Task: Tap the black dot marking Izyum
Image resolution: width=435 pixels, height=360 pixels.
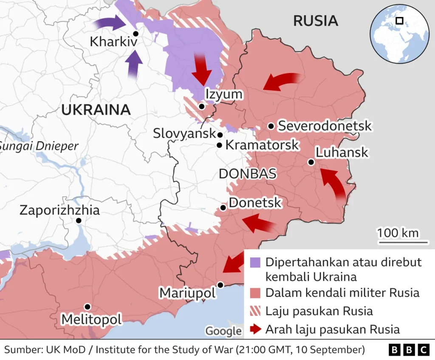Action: pyautogui.click(x=201, y=107)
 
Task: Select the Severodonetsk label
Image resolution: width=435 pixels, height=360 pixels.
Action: pyautogui.click(x=325, y=126)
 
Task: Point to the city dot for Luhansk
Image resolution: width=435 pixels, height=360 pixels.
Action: pyautogui.click(x=311, y=162)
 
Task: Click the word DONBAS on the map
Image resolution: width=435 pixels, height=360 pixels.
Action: pyautogui.click(x=247, y=173)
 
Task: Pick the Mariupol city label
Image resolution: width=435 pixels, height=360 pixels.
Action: pyautogui.click(x=187, y=293)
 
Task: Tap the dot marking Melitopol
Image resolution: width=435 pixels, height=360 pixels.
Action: pyautogui.click(x=87, y=307)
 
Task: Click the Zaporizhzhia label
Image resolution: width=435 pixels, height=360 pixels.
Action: pyautogui.click(x=59, y=210)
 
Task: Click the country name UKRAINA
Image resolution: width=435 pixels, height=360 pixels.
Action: pyautogui.click(x=96, y=110)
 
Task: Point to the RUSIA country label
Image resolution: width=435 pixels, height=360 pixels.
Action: pyautogui.click(x=316, y=20)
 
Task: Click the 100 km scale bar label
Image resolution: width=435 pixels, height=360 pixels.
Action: pyautogui.click(x=397, y=233)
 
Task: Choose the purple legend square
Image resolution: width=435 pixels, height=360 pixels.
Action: pyautogui.click(x=255, y=262)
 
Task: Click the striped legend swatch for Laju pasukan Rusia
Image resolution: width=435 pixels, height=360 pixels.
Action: pyautogui.click(x=255, y=311)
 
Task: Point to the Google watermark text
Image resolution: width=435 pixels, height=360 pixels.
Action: pyautogui.click(x=223, y=331)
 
